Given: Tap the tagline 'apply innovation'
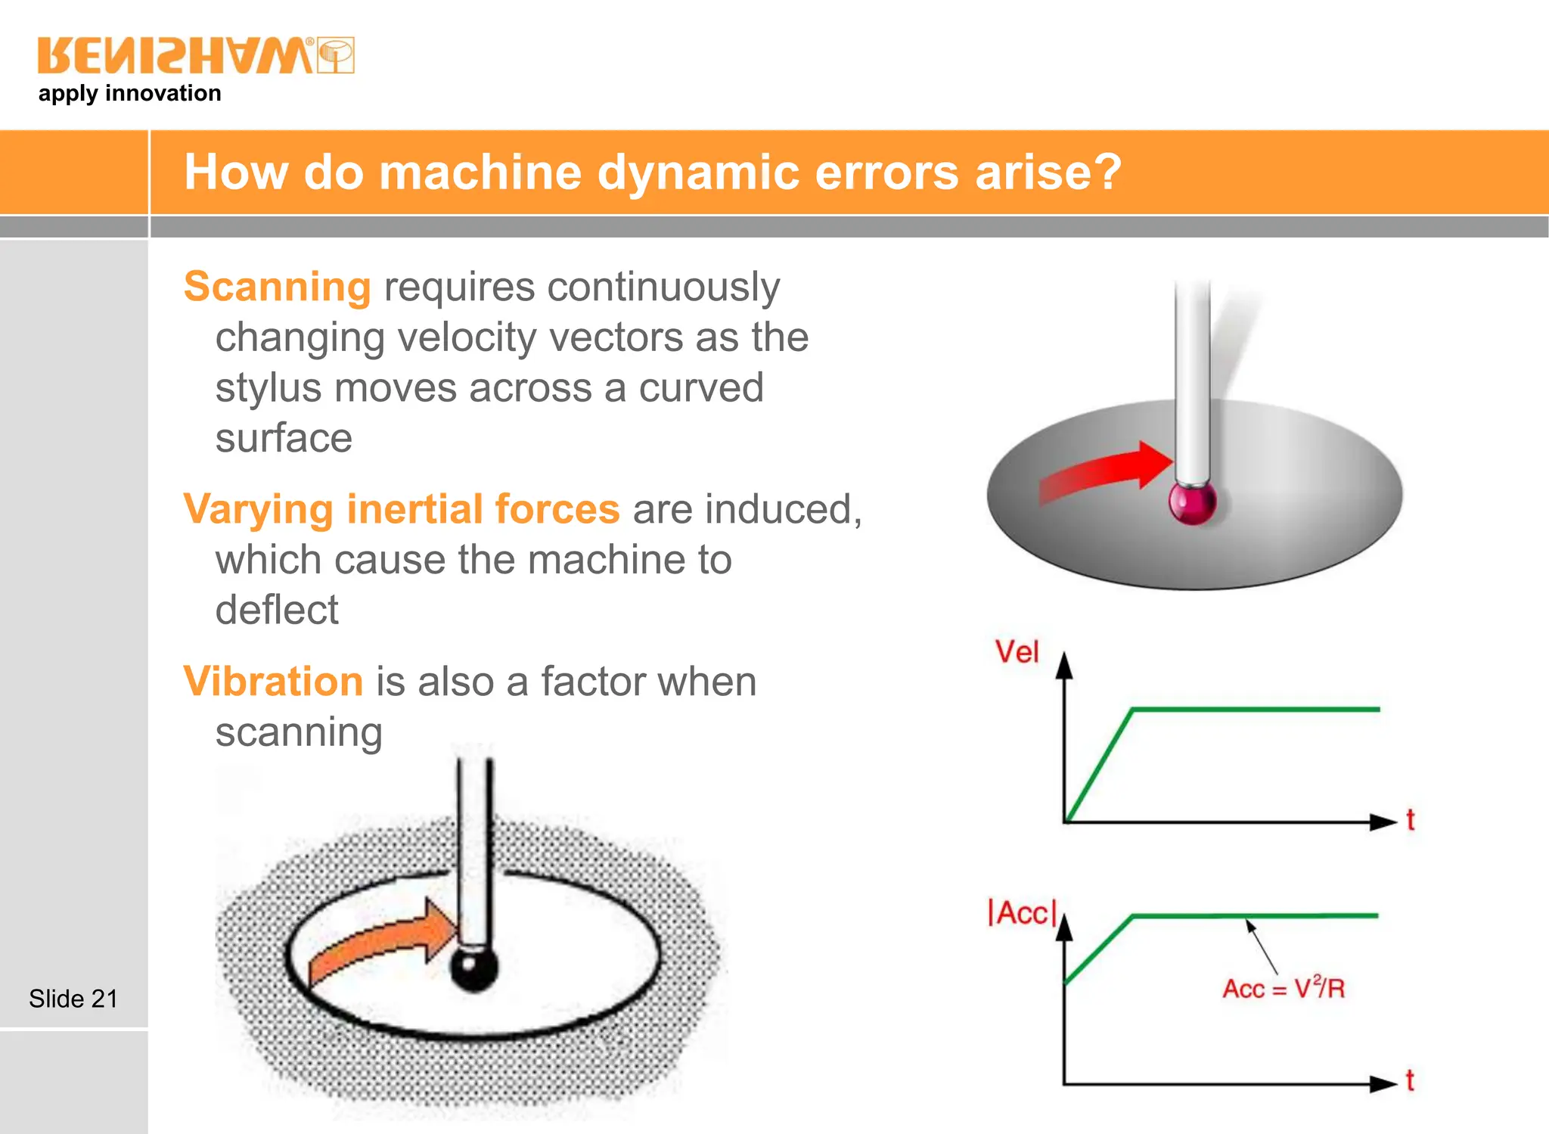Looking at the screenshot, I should [x=129, y=93].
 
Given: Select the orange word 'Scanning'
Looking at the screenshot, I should [x=277, y=287].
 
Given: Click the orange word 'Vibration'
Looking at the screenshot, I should [x=273, y=681].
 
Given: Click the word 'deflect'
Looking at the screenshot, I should [x=277, y=610].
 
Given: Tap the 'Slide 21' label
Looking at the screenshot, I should [x=73, y=999].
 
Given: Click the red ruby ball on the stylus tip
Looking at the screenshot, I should [x=1193, y=502].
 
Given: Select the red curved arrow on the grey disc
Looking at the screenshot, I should [x=1104, y=474].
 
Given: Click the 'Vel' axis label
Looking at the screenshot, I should [x=1017, y=651].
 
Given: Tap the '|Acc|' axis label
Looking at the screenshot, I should [x=1021, y=912].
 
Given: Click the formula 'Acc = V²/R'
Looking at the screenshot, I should [x=1284, y=988].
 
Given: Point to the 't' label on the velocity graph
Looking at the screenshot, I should [x=1410, y=819].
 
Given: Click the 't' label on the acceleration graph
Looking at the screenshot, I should [x=1409, y=1080].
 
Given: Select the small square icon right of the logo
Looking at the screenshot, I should [x=336, y=55].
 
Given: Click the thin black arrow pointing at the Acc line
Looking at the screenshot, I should [x=1262, y=946].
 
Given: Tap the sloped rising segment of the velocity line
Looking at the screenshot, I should [x=1098, y=766].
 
